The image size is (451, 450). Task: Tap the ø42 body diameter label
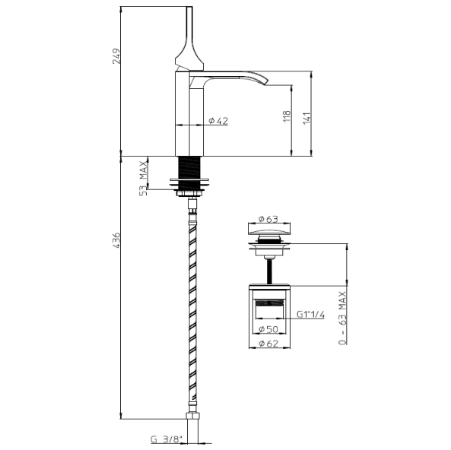pyautogui.click(x=219, y=121)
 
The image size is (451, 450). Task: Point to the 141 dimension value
pyautogui.click(x=306, y=118)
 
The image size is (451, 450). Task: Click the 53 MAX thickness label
pyautogui.click(x=142, y=179)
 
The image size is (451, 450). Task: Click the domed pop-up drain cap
pyautogui.click(x=267, y=231)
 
